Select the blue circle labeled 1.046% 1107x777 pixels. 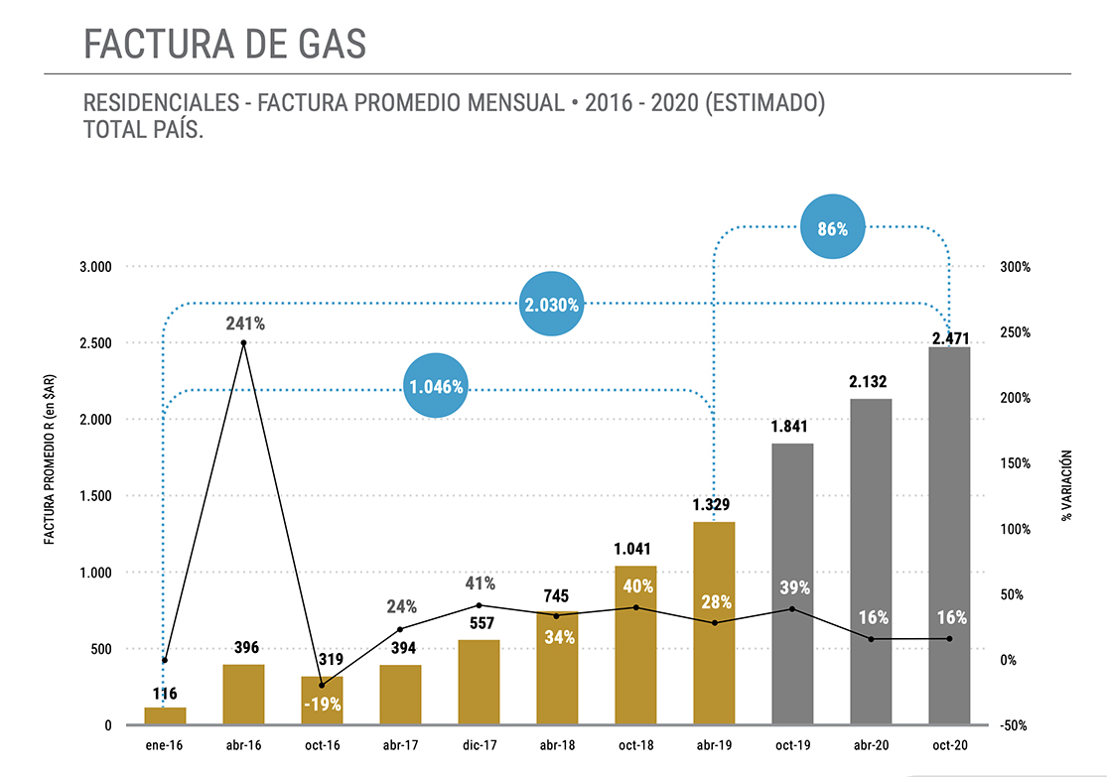click(x=436, y=386)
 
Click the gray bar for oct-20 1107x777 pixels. click(x=949, y=536)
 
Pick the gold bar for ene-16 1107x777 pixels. click(x=165, y=715)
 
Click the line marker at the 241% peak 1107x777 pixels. click(x=243, y=343)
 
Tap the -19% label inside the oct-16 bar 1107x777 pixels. click(x=323, y=705)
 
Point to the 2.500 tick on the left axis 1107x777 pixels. click(x=97, y=343)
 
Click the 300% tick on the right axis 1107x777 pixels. click(x=1015, y=267)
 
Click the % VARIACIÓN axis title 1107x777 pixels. click(x=1067, y=486)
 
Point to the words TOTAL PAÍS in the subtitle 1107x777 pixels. click(x=145, y=130)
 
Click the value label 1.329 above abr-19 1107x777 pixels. click(x=713, y=505)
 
